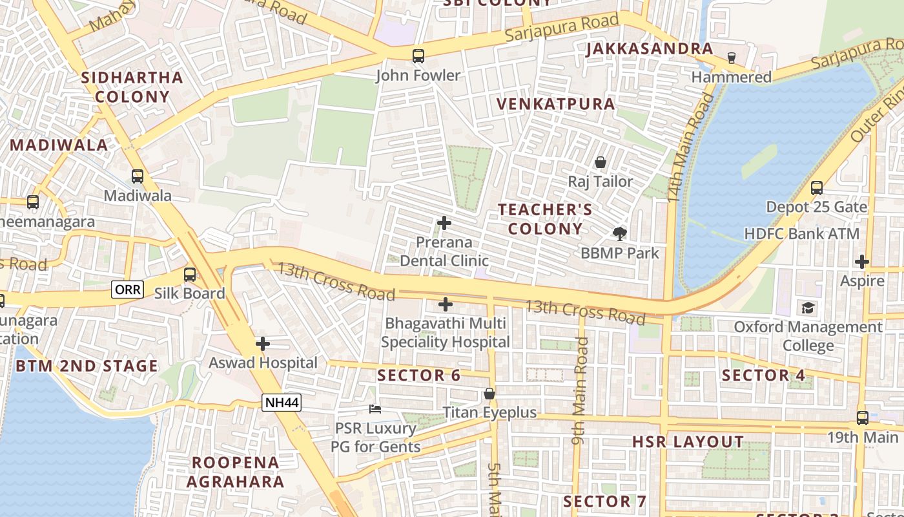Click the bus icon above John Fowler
[x=418, y=56]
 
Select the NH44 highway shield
[x=282, y=403]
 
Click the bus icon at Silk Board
[x=190, y=275]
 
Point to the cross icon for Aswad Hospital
[x=262, y=344]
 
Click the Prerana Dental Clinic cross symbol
[x=444, y=223]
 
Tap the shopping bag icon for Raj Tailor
[x=601, y=162]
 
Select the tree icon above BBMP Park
[x=620, y=233]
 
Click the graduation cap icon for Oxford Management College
[x=808, y=308]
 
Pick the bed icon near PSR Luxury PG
[x=375, y=408]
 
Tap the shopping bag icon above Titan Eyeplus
[x=489, y=393]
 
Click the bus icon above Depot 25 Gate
[x=817, y=188]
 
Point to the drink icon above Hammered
[x=732, y=58]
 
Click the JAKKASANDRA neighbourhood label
[x=649, y=49]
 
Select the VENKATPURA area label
[x=555, y=104]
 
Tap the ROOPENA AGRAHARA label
[x=236, y=472]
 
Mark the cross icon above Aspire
[x=862, y=262]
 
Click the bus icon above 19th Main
[x=863, y=418]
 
